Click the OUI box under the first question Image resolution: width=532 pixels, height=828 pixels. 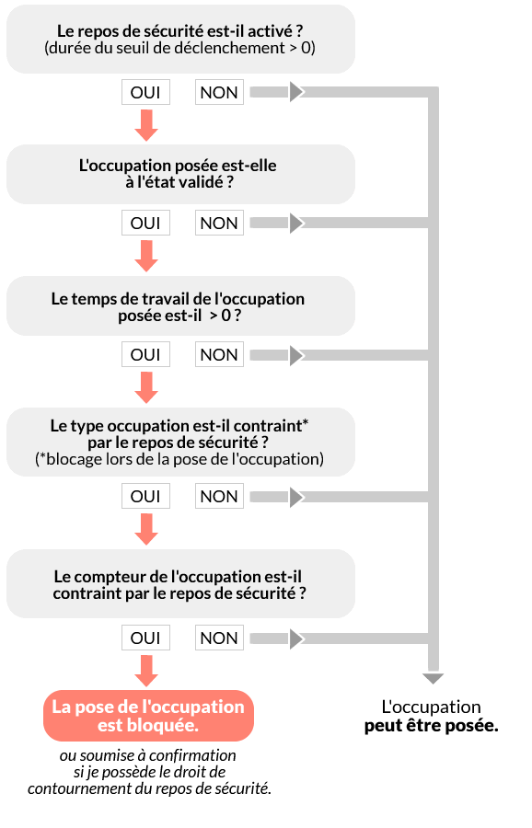click(x=145, y=92)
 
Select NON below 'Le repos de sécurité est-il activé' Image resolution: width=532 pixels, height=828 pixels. click(x=219, y=92)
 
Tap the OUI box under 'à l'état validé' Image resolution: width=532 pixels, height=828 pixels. click(x=145, y=223)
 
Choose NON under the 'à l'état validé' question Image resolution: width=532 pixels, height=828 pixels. click(x=219, y=223)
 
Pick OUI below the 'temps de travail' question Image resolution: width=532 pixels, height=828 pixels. click(x=145, y=354)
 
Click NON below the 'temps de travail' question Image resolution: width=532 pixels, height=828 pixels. click(x=219, y=354)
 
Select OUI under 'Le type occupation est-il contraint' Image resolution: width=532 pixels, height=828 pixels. click(x=145, y=497)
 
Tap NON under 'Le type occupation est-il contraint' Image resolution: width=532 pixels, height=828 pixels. click(x=219, y=497)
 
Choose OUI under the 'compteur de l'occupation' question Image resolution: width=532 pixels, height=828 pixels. click(x=145, y=638)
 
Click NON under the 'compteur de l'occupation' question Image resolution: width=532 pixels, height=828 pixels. click(x=219, y=638)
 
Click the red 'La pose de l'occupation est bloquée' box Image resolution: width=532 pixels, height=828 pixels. click(x=148, y=716)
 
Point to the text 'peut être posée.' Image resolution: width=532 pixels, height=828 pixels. click(x=431, y=726)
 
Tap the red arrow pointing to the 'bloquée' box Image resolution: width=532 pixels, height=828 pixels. click(x=146, y=672)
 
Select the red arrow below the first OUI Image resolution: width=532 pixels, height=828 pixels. click(x=146, y=126)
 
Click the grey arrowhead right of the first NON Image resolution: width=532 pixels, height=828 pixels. click(x=296, y=92)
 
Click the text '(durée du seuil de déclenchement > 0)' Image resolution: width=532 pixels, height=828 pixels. click(x=179, y=48)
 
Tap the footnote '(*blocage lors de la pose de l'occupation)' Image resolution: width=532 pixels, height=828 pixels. click(x=179, y=459)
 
